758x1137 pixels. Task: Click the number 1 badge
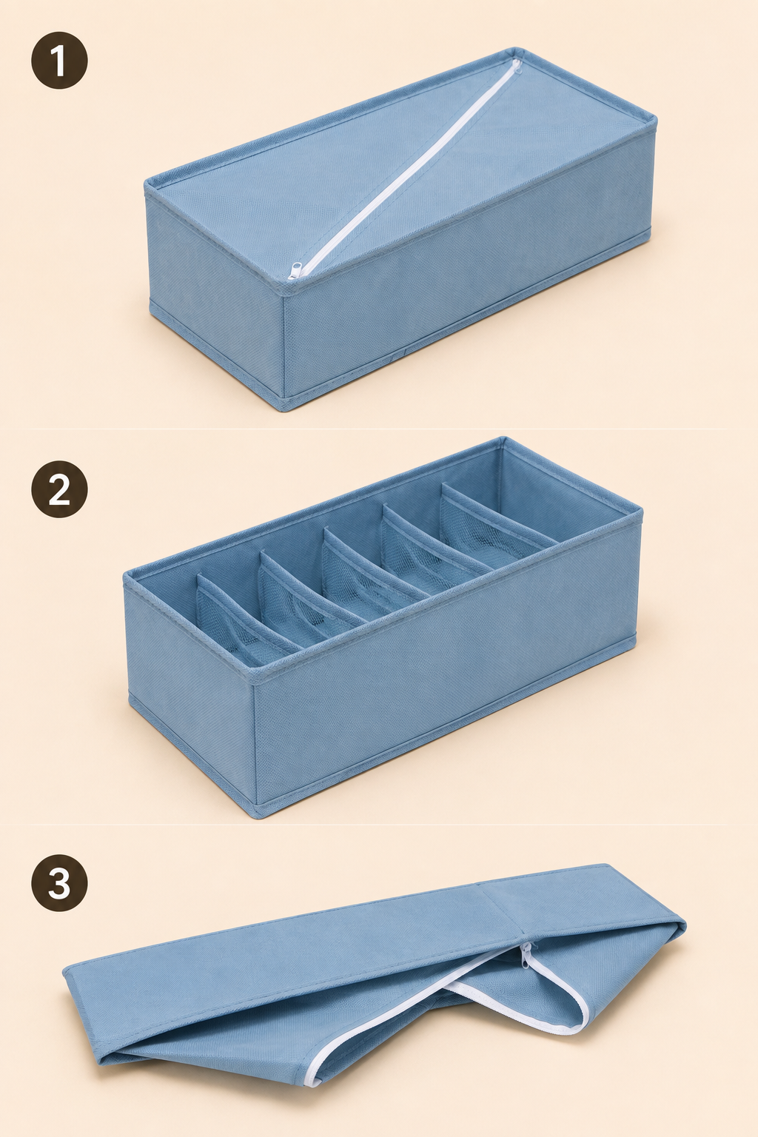coord(60,61)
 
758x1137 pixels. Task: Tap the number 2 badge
coord(60,490)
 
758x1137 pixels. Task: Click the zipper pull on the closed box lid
coord(295,271)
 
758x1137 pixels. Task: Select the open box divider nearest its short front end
coord(244,611)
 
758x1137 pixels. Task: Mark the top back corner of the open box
coord(503,440)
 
